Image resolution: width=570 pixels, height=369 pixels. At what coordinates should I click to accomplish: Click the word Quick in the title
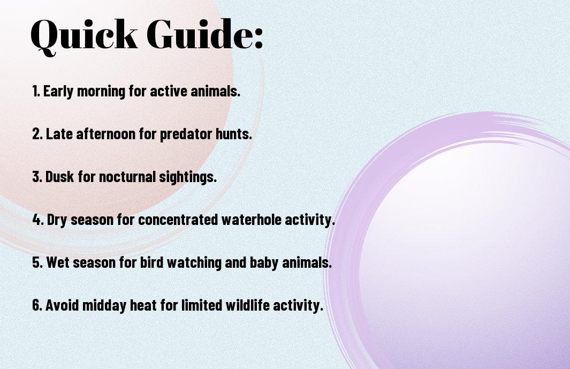[84, 36]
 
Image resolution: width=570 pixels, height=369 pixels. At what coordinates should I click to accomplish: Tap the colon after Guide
[259, 39]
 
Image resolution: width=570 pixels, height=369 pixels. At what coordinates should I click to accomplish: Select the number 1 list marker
[36, 91]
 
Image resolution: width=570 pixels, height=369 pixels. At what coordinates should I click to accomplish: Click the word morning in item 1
[101, 92]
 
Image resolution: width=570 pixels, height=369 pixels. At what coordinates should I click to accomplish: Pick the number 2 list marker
[37, 134]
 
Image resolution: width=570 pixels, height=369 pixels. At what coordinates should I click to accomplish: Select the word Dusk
[59, 177]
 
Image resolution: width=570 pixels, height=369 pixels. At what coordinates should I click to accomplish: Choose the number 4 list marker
[38, 220]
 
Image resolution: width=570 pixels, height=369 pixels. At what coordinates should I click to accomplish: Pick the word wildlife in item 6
[248, 305]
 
